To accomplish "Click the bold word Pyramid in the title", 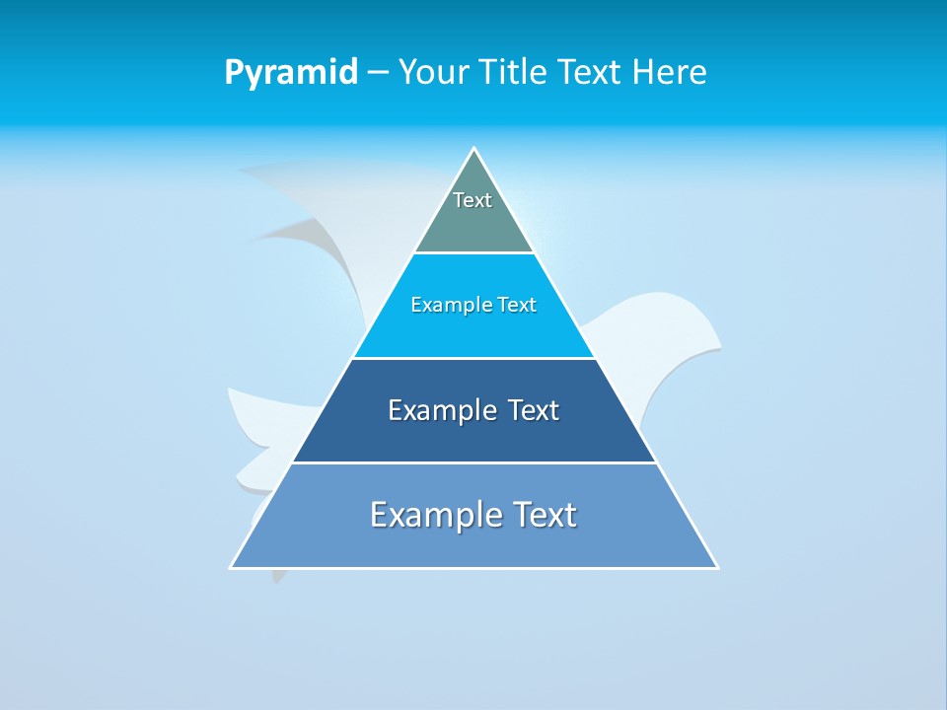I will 291,73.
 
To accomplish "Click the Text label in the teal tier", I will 473,200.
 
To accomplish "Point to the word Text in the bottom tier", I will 543,515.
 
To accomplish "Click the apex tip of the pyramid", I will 474,149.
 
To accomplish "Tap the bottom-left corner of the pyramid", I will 232,567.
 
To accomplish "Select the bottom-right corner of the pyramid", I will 716,567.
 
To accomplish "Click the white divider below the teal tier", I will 474,252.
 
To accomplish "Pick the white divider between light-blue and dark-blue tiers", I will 474,358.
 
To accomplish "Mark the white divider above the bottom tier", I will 474,462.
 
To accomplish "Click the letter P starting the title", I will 233,73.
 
